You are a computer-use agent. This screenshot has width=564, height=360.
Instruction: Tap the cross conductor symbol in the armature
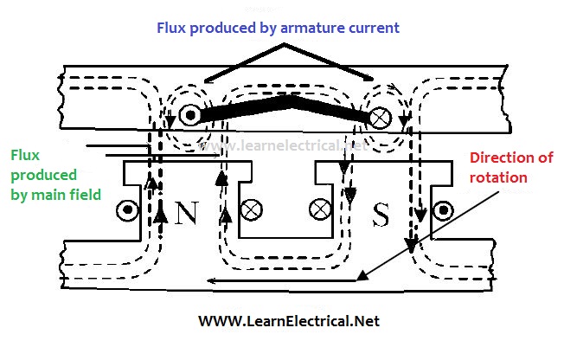pyautogui.click(x=379, y=116)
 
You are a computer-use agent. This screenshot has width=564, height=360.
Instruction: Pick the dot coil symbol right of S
pyautogui.click(x=444, y=209)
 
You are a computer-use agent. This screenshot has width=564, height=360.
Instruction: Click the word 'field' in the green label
pyautogui.click(x=87, y=195)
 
